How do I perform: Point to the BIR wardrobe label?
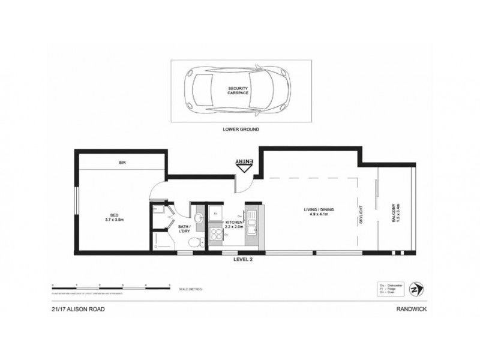[121, 162]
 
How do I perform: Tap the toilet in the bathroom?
[193, 242]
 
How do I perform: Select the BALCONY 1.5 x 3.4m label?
[395, 212]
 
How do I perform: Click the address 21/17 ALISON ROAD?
[74, 310]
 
